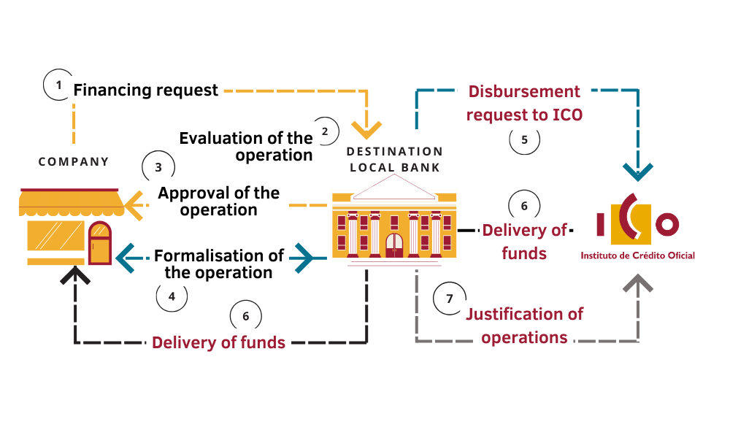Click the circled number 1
click(58, 85)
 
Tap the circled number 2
click(325, 131)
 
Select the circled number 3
click(158, 167)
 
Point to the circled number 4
click(172, 296)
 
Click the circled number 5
click(524, 139)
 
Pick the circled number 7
click(449, 299)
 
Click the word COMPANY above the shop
click(74, 161)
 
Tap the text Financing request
click(145, 90)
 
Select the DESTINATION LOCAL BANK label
click(395, 159)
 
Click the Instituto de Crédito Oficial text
click(637, 255)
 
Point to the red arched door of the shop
click(99, 243)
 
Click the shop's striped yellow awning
click(72, 202)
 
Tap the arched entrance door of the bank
click(394, 245)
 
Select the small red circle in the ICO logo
click(667, 224)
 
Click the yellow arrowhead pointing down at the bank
click(366, 130)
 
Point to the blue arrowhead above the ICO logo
click(638, 172)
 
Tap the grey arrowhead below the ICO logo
click(638, 283)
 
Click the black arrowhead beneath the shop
click(75, 274)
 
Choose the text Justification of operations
click(524, 326)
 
